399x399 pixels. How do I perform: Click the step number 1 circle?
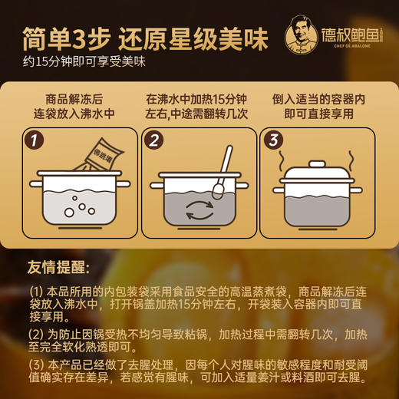click(x=33, y=141)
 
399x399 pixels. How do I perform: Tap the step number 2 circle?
click(x=153, y=141)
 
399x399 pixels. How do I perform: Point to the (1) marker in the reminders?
click(x=37, y=292)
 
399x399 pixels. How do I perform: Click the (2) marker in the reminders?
click(x=37, y=335)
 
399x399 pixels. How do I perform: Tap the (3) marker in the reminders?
click(x=37, y=365)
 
